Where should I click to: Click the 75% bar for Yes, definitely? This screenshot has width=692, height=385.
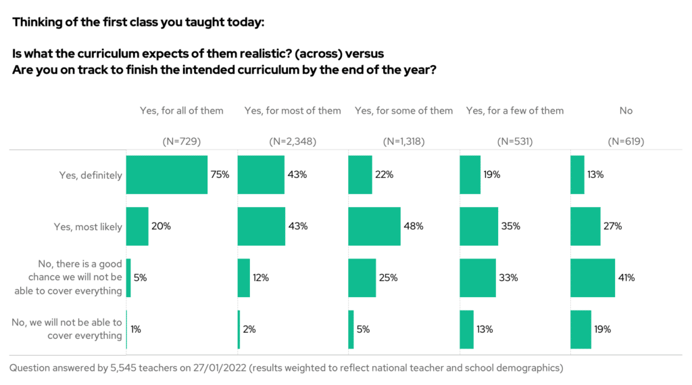pos(167,175)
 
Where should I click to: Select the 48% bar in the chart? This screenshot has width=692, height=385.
pos(374,226)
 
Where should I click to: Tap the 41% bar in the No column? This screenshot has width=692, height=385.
pos(593,277)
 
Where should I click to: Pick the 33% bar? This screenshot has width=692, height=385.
pos(477,277)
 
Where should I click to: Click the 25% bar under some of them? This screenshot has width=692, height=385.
pos(362,277)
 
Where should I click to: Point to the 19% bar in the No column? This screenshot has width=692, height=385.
pos(580,330)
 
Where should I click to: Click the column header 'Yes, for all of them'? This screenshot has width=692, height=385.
pos(180,110)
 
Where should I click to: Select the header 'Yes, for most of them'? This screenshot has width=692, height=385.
pos(293,110)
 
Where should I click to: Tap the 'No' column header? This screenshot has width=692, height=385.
pos(626,110)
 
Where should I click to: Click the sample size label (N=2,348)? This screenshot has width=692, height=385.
pos(293,141)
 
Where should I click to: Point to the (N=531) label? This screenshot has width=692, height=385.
pos(515,141)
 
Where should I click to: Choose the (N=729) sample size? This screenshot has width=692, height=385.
pos(181,141)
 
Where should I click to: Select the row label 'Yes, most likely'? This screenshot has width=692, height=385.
pos(88,227)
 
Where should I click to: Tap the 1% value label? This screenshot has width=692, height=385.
pos(136,330)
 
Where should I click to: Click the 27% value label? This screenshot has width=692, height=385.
pos(611,226)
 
